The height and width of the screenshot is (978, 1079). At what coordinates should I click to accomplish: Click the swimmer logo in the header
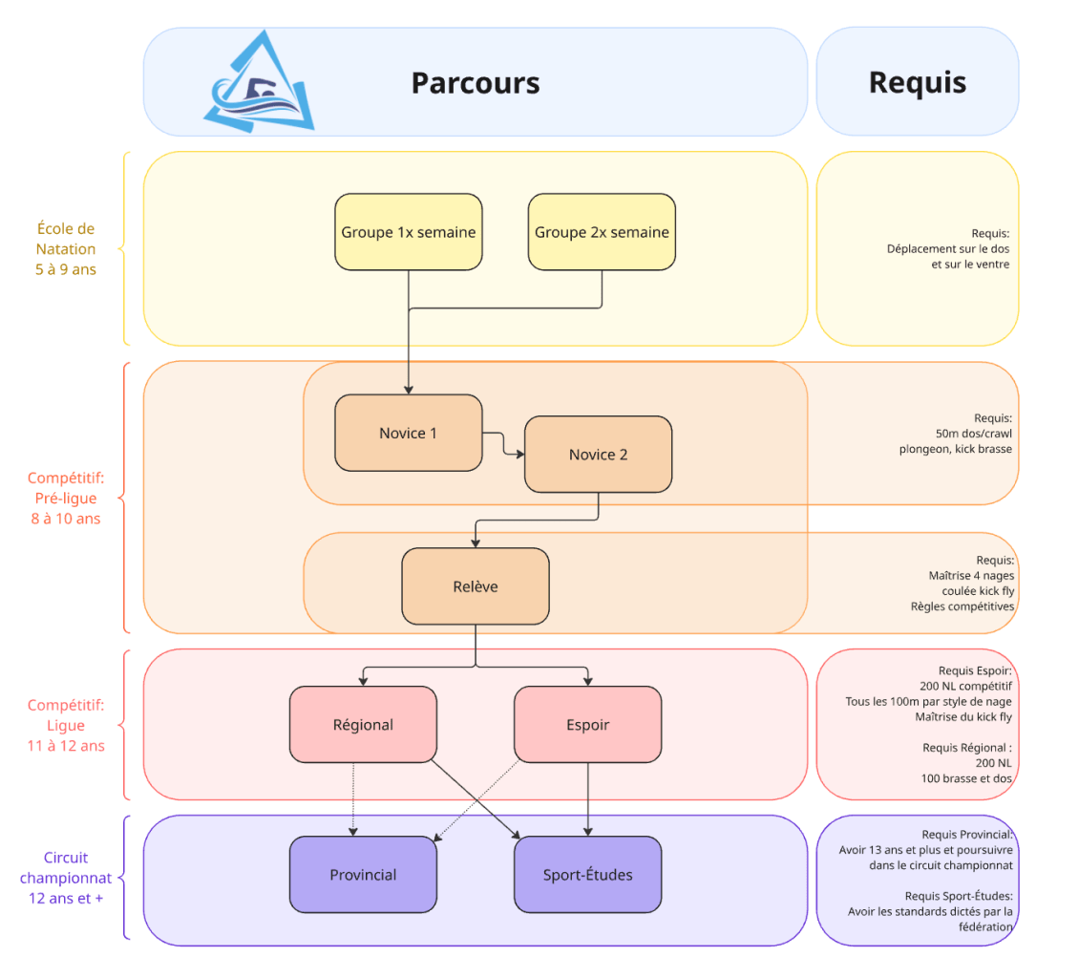[259, 83]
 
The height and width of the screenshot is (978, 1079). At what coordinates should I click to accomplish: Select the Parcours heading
[476, 83]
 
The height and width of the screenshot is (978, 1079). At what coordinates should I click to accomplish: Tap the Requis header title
[917, 82]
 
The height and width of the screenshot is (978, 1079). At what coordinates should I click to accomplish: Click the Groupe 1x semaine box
[409, 232]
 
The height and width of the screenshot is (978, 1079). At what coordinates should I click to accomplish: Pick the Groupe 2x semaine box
[602, 232]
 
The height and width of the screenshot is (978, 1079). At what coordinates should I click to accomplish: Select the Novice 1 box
[408, 433]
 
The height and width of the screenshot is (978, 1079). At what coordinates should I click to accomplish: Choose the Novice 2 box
[598, 455]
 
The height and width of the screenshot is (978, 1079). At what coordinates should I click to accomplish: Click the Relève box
[475, 586]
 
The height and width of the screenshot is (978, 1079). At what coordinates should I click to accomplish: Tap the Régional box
[363, 725]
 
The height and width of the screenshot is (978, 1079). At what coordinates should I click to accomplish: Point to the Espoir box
[587, 725]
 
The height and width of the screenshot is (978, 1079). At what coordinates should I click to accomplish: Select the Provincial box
[363, 875]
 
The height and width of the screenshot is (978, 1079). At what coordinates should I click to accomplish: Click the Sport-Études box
[587, 875]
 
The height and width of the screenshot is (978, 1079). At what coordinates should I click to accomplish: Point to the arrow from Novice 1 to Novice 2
[503, 443]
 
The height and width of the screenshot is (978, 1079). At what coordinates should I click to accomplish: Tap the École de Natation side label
[66, 248]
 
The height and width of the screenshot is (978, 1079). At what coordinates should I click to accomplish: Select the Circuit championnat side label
[66, 878]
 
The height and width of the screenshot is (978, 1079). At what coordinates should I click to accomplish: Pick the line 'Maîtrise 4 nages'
[971, 576]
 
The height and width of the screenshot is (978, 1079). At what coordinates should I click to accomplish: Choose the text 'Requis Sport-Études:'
[958, 896]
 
